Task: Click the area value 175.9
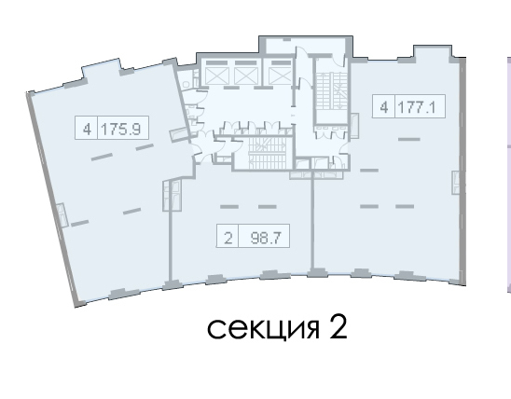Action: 121,130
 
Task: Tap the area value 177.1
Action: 417,107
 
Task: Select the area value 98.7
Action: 265,238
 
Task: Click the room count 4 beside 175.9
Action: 87,130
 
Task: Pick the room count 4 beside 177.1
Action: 384,107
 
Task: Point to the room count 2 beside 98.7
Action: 228,238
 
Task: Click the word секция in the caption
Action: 263,328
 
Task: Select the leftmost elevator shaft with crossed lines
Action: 217,76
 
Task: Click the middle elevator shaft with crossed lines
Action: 246,76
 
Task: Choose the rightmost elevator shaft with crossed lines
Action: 280,76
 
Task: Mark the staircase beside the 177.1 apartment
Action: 331,90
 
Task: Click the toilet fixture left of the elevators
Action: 186,84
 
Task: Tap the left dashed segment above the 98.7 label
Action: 229,207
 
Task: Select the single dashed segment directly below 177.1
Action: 409,139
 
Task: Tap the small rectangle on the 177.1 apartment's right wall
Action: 456,183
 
